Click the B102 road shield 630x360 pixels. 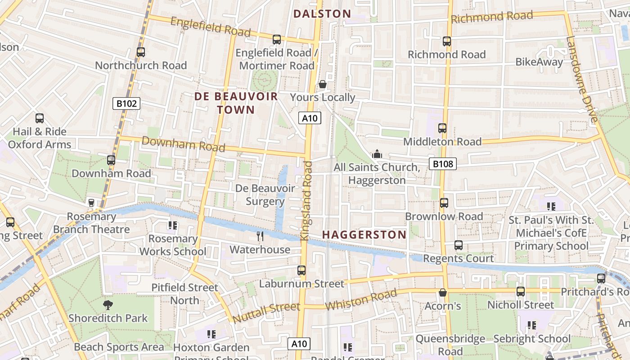(126, 104)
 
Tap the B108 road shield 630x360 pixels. (442, 164)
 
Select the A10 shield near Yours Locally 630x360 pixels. (310, 118)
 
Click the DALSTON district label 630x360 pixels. (322, 14)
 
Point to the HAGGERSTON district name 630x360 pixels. (364, 234)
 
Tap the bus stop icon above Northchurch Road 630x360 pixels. (141, 52)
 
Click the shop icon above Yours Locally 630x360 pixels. (323, 84)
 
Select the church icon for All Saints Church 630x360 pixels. (377, 154)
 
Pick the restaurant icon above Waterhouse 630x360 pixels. (260, 236)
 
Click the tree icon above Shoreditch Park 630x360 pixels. (108, 305)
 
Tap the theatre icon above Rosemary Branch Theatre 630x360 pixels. (91, 203)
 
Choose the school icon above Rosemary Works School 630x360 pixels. (173, 225)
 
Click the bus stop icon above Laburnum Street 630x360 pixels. (301, 270)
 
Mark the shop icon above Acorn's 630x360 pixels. (443, 293)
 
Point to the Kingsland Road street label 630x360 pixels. (306, 201)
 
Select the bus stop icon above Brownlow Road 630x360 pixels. (444, 203)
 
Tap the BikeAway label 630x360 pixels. (539, 62)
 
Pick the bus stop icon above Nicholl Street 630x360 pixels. (521, 292)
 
